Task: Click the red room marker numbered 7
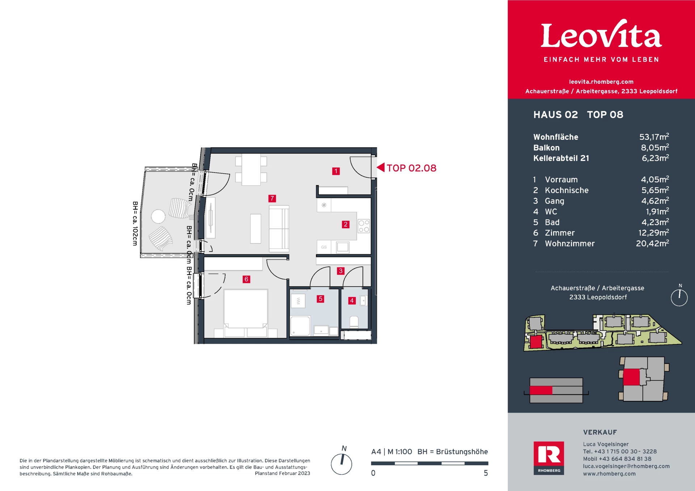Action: pyautogui.click(x=272, y=198)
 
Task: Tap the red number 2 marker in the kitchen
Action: pyautogui.click(x=346, y=224)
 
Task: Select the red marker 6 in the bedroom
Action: pyautogui.click(x=247, y=279)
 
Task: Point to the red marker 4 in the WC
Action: pyautogui.click(x=352, y=300)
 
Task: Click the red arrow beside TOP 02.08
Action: pyautogui.click(x=380, y=167)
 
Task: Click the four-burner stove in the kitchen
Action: pyautogui.click(x=364, y=226)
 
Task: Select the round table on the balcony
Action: pyautogui.click(x=158, y=216)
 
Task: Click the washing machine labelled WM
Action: pyautogui.click(x=298, y=301)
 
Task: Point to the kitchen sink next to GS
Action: pyautogui.click(x=342, y=247)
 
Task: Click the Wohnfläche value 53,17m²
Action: pyautogui.click(x=654, y=137)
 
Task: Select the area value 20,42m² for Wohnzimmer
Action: pyautogui.click(x=652, y=244)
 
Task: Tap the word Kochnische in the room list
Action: pyautogui.click(x=567, y=190)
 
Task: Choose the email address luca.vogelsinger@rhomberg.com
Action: pyautogui.click(x=626, y=466)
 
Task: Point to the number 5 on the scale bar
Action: pyautogui.click(x=486, y=473)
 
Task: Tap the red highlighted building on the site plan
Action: pyautogui.click(x=536, y=342)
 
